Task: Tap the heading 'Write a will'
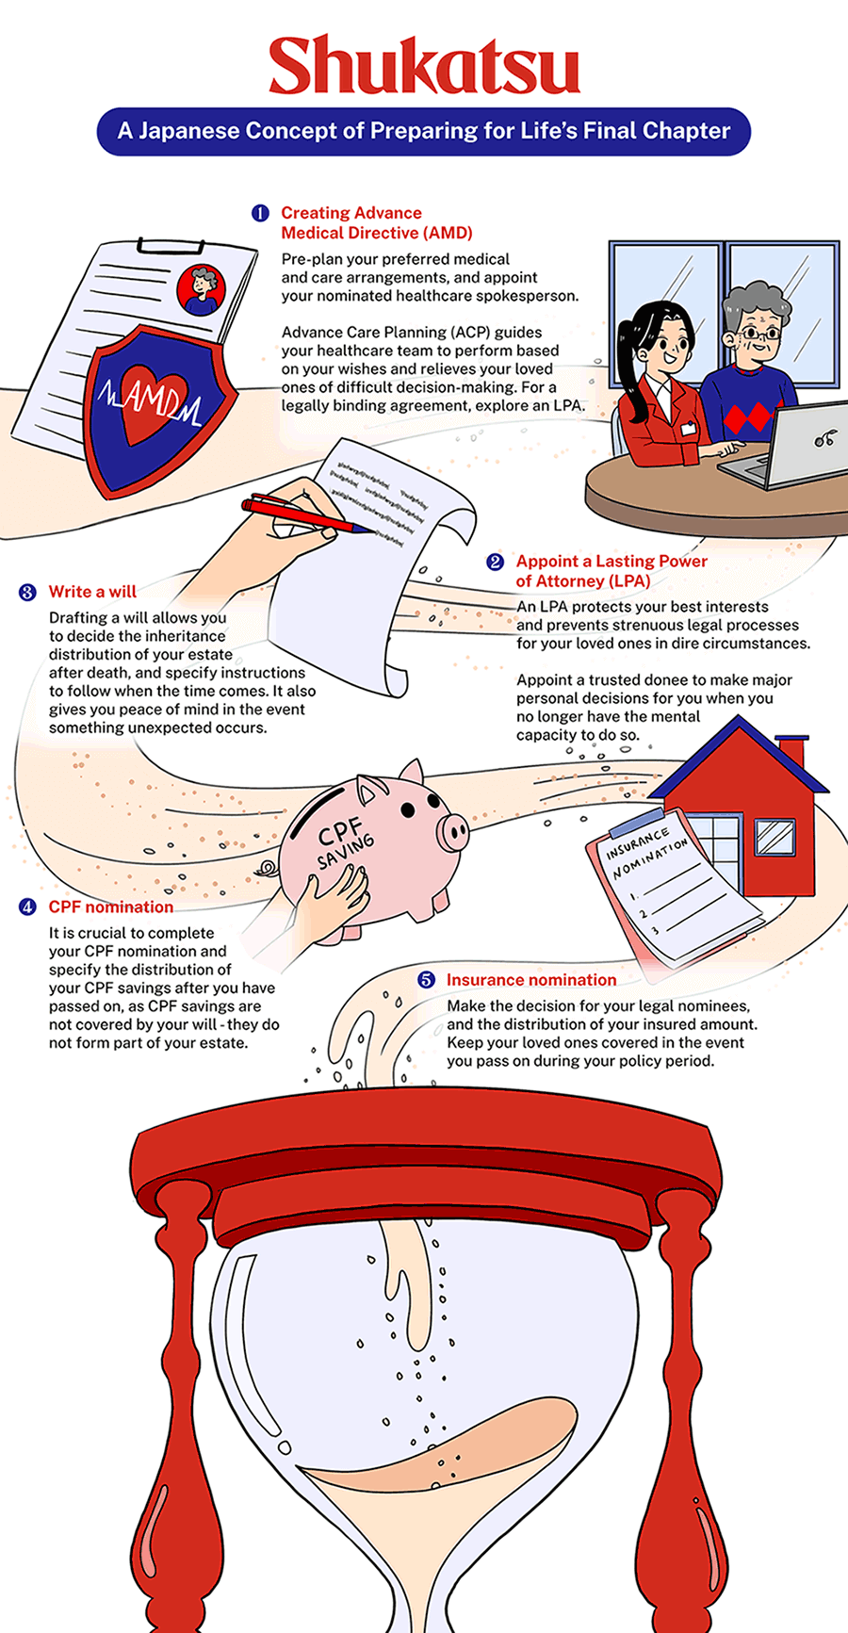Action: pos(92,592)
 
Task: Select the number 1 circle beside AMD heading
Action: pos(260,213)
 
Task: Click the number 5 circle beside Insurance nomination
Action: pos(426,980)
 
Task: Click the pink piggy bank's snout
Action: pos(454,831)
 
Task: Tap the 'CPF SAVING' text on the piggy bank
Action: pos(344,842)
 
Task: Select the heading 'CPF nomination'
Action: pos(111,907)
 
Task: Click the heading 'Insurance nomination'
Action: pos(530,980)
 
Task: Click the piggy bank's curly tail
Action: pos(267,868)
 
